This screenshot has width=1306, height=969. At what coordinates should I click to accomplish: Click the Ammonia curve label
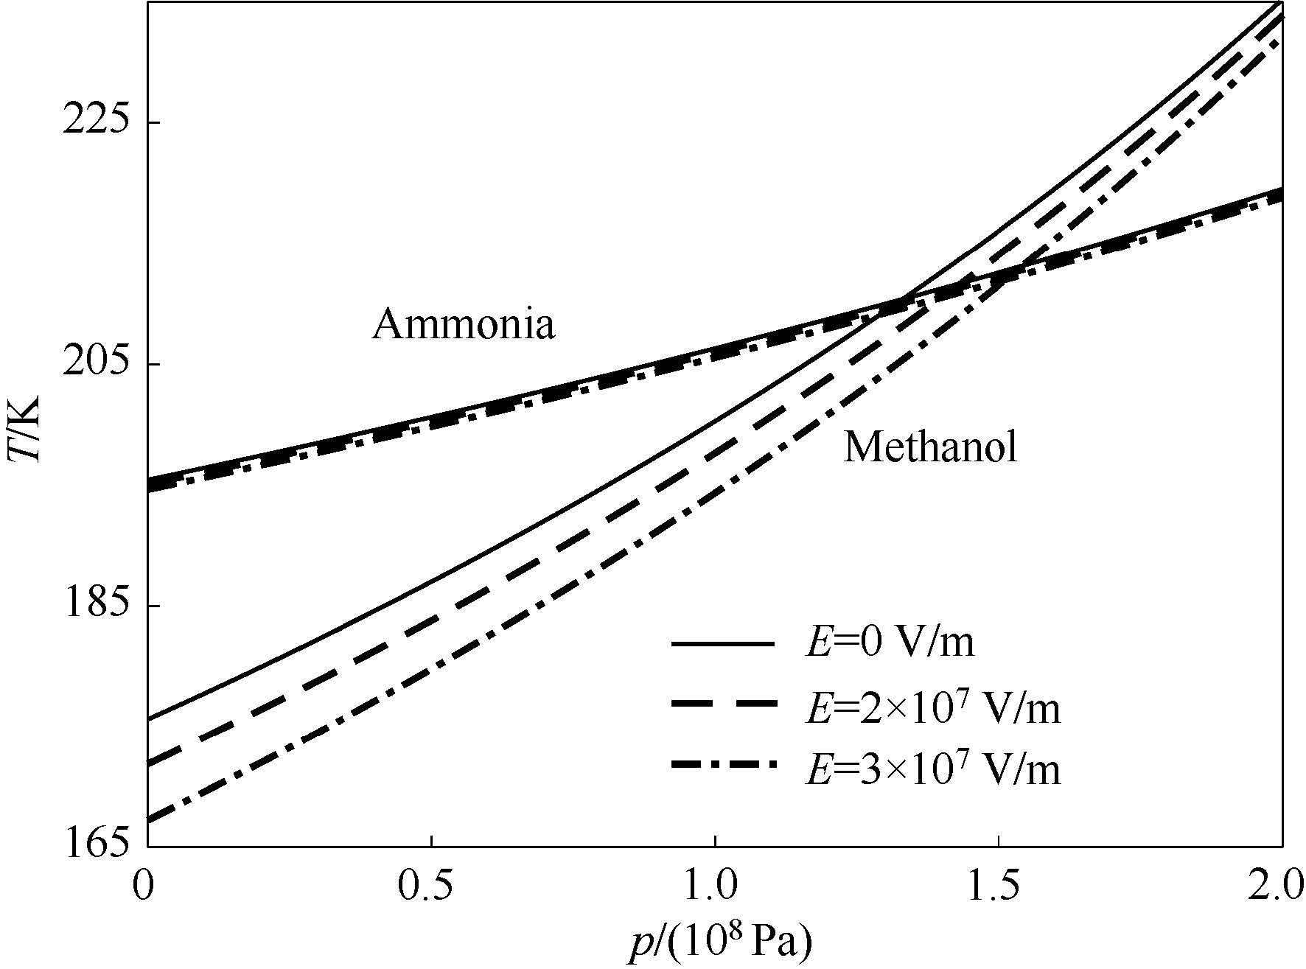(463, 325)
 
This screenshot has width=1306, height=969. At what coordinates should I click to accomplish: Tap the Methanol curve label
(930, 447)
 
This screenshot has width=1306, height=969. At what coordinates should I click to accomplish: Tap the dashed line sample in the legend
(723, 706)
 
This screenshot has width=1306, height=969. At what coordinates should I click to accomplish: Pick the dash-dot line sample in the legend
(723, 767)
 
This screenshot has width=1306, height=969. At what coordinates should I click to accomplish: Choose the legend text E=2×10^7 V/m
(932, 706)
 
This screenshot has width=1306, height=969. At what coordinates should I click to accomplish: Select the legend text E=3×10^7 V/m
(932, 768)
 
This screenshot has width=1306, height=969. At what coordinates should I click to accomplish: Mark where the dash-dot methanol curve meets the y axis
(148, 819)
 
